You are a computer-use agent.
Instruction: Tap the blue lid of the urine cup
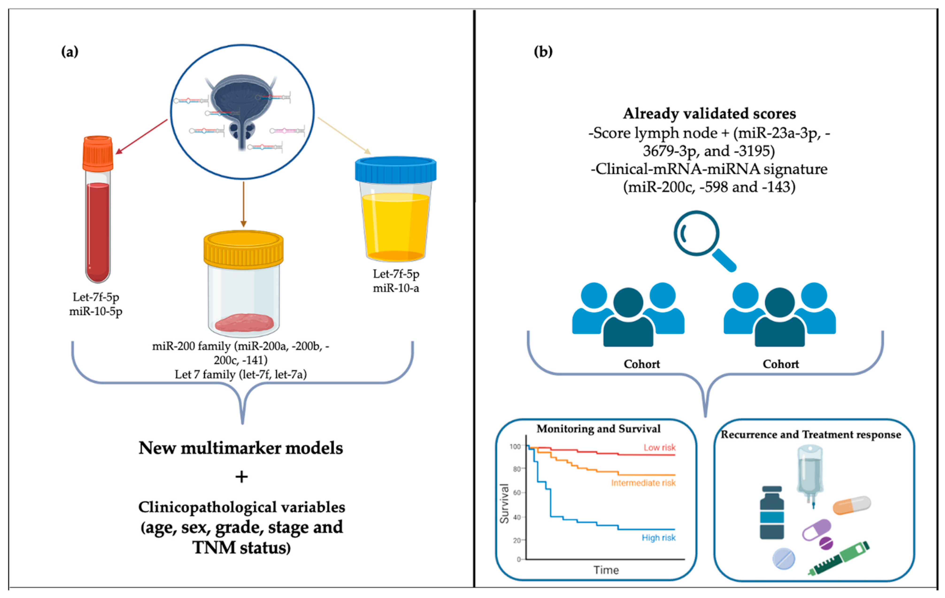[396, 170]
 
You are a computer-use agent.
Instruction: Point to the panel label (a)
[70, 51]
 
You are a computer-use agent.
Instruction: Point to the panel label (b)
[543, 51]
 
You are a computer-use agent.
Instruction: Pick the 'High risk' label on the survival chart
[659, 538]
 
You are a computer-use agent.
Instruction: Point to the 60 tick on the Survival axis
[517, 493]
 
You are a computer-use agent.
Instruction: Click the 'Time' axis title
[606, 570]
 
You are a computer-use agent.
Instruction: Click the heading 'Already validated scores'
[709, 113]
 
